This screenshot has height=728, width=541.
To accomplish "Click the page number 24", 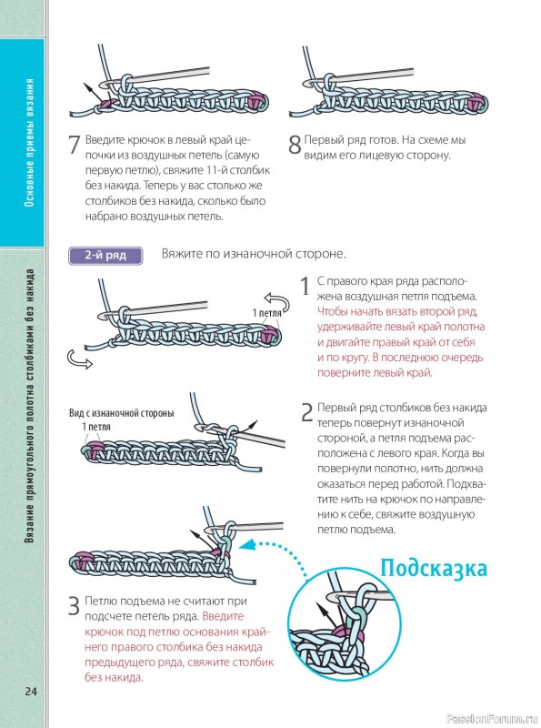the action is (x=31, y=692).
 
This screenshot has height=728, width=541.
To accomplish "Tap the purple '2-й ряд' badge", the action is (x=105, y=256).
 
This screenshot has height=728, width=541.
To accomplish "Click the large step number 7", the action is (x=75, y=145).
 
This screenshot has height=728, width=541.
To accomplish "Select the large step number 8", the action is (x=296, y=145).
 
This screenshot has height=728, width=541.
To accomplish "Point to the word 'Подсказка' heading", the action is (x=434, y=568).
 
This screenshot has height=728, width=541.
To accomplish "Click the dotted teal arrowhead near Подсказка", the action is (x=249, y=543).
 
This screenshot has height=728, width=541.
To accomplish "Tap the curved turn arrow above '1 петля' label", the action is (x=276, y=302).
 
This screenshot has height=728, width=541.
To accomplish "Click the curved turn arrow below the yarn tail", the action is (x=79, y=359).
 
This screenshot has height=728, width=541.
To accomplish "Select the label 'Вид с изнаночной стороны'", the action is (x=122, y=413).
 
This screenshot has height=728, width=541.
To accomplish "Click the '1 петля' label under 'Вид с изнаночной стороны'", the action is (x=96, y=427).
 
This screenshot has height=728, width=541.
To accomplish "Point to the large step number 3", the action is (x=75, y=606).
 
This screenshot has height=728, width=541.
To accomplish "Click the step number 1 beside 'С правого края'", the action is (x=305, y=286).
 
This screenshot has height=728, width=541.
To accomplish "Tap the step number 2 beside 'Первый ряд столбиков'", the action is (x=307, y=412).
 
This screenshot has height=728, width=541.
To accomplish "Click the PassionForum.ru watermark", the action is (x=492, y=719).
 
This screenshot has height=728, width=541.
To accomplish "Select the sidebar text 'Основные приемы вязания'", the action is (x=29, y=143).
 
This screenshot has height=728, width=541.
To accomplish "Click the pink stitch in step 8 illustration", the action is (x=477, y=102).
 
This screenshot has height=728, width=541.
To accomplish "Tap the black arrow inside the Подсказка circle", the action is (x=327, y=613).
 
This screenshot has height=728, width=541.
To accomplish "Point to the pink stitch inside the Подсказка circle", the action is (x=351, y=631).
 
